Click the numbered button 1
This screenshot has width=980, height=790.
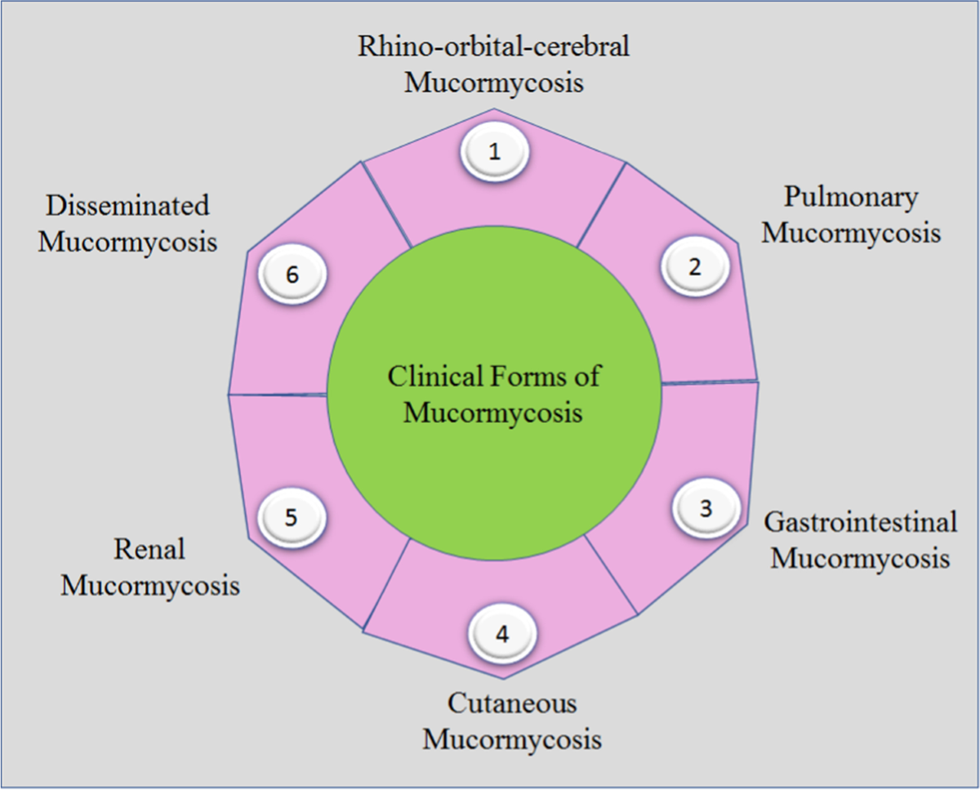(x=493, y=153)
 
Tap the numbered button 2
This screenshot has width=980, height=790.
(x=694, y=268)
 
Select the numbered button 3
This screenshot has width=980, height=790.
(x=706, y=508)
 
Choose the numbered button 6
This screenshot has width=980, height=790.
(x=292, y=275)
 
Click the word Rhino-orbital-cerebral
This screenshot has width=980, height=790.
(x=494, y=47)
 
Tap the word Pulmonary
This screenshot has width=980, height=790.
(x=850, y=198)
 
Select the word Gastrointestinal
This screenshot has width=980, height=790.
(x=860, y=522)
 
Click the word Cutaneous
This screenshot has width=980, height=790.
(x=512, y=703)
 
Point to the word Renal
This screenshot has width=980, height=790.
(x=149, y=549)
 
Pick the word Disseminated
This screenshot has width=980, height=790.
(x=127, y=206)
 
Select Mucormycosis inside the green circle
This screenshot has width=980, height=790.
(x=493, y=413)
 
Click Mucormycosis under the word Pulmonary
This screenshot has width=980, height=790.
(x=851, y=234)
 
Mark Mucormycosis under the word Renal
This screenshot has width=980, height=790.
(x=150, y=586)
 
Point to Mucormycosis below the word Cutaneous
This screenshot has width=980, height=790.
(x=512, y=740)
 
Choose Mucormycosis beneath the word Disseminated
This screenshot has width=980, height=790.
(x=128, y=243)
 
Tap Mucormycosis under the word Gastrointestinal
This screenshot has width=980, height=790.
(x=860, y=559)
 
